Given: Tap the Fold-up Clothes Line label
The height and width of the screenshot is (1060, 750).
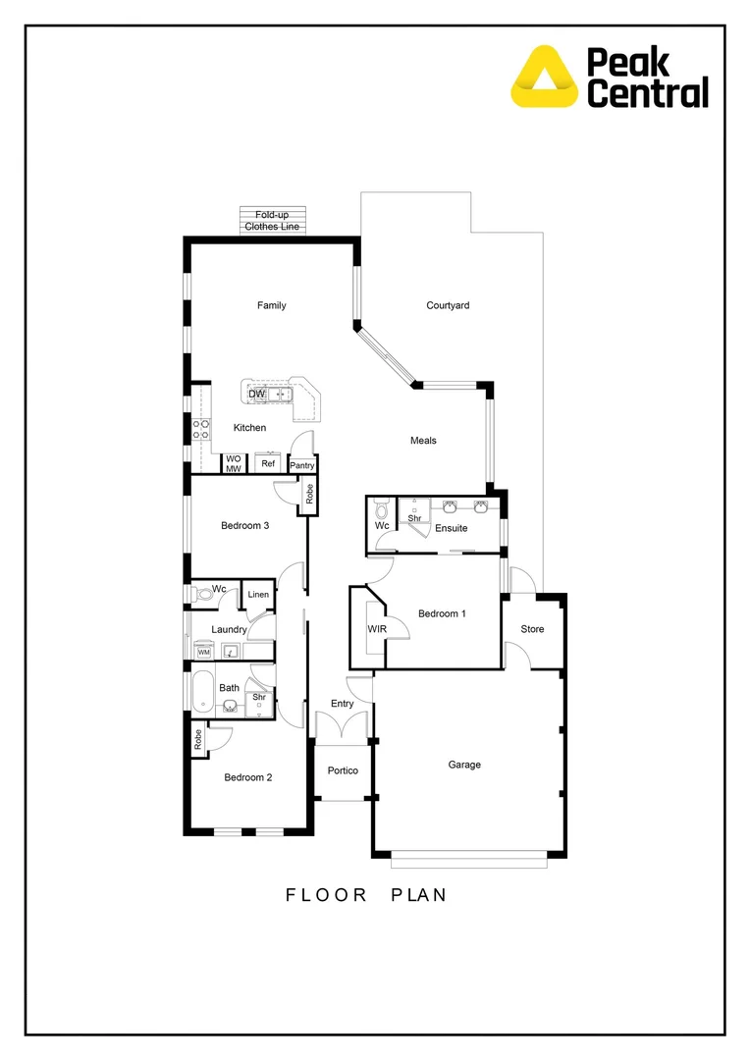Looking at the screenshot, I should [274, 220].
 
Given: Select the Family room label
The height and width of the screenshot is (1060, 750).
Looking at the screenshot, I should [272, 305].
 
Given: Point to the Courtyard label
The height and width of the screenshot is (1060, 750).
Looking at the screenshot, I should [448, 305].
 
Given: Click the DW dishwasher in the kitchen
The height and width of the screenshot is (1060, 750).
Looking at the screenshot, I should [256, 395].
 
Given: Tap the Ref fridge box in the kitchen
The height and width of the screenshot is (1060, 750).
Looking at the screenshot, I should [267, 463].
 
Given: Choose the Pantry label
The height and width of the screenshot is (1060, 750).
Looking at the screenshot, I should [302, 465].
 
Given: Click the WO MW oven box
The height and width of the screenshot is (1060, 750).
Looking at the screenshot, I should [234, 463].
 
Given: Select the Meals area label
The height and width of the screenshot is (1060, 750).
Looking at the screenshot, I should [423, 441].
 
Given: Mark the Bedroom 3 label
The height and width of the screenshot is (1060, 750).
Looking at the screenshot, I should [244, 526].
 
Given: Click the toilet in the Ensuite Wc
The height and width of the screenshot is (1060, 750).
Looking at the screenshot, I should [382, 510].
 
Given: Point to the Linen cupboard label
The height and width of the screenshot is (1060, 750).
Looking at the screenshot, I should [258, 595].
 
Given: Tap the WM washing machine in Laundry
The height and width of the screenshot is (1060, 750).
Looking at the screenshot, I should [204, 652].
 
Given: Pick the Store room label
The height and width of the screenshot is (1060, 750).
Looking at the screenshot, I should [532, 629].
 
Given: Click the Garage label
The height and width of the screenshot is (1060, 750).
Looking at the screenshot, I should [464, 765].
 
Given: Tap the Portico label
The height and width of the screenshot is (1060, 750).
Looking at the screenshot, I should [343, 770].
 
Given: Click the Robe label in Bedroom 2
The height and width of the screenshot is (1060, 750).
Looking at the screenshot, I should [197, 739].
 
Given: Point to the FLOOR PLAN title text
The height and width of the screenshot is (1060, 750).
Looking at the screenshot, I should [366, 894].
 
